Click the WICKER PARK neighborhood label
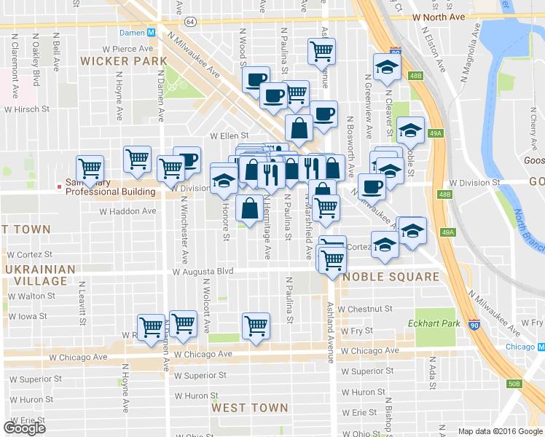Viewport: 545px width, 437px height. tap(117, 60)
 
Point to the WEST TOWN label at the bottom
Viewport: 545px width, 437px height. tap(250, 408)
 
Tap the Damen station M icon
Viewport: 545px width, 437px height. tap(152, 33)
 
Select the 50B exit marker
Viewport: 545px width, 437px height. tap(514, 383)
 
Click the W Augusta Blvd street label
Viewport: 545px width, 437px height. tap(203, 272)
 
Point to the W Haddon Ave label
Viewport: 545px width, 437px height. tap(128, 211)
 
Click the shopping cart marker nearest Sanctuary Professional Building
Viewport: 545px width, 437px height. tap(90, 168)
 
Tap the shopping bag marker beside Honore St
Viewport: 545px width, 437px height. tap(249, 208)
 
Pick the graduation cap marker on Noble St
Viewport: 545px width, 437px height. tap(411, 130)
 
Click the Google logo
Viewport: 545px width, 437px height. tap(24, 428)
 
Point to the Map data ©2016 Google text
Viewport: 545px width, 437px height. tap(499, 431)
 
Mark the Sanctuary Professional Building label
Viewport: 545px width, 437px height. tap(110, 188)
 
